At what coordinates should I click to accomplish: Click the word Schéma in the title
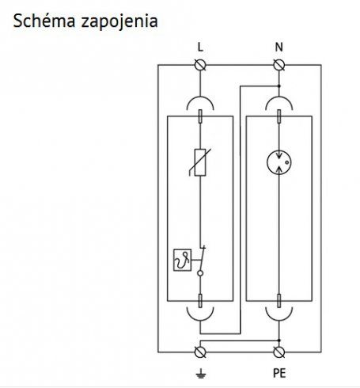tap(44, 21)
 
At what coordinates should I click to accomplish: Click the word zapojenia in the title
tap(119, 22)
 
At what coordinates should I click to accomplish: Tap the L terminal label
tap(200, 48)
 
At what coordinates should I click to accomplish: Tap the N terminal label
tap(279, 48)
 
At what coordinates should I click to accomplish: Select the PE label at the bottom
tap(279, 373)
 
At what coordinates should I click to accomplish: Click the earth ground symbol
tap(200, 374)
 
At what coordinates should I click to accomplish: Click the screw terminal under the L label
tap(200, 65)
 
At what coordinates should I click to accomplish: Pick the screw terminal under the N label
tap(279, 65)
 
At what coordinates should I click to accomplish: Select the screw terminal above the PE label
tap(279, 352)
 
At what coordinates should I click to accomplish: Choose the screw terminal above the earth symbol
tap(200, 352)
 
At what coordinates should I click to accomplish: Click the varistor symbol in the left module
tap(200, 162)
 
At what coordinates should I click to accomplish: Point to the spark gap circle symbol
tap(279, 162)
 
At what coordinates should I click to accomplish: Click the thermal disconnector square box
tap(182, 260)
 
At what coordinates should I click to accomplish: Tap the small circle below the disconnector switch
tap(200, 273)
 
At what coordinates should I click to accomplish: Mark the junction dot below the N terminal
tap(279, 86)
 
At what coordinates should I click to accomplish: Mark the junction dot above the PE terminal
tap(279, 340)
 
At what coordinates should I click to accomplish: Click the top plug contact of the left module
tap(200, 116)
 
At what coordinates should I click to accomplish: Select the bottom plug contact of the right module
tap(279, 301)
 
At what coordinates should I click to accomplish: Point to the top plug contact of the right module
tap(279, 116)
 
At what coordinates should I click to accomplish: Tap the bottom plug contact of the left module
tap(200, 301)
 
